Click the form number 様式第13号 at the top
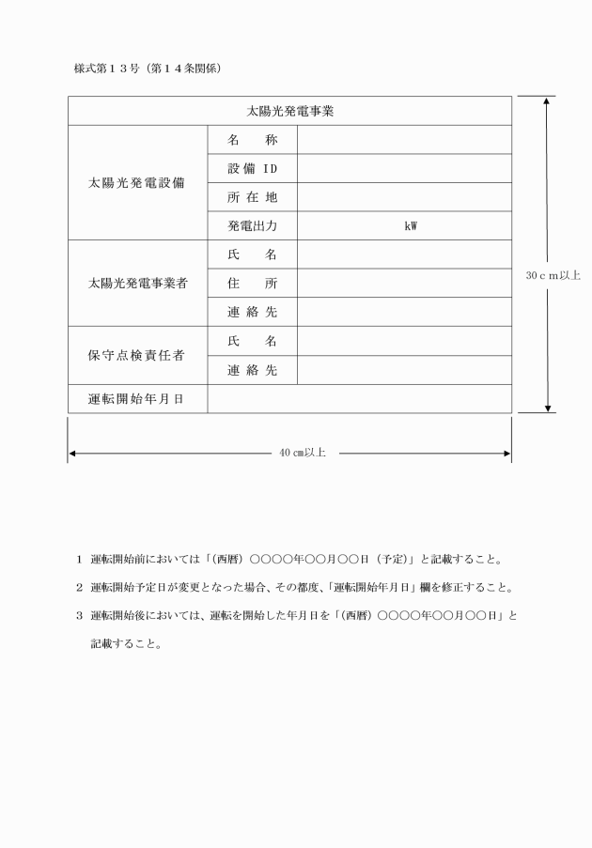[106, 69]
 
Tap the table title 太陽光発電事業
[290, 111]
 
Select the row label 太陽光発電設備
[136, 182]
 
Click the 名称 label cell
[251, 140]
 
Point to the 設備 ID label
[251, 168]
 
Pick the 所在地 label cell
[251, 197]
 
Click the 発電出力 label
[251, 225]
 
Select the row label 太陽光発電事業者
[136, 283]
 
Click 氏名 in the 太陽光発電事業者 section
[251, 254]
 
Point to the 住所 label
[251, 283]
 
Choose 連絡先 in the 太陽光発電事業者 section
[251, 312]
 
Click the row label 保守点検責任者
[136, 356]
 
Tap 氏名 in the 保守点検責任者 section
[251, 341]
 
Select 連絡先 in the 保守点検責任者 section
[251, 370]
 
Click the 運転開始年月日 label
[136, 399]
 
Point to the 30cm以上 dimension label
[553, 275]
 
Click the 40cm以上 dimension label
[303, 453]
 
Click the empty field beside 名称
[404, 140]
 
